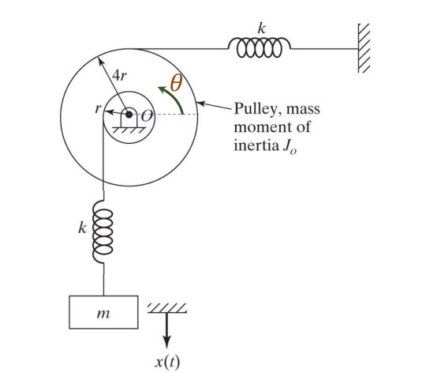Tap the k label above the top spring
click(260, 28)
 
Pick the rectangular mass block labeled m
click(103, 313)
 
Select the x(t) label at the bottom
click(167, 362)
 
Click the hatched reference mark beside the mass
click(167, 307)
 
